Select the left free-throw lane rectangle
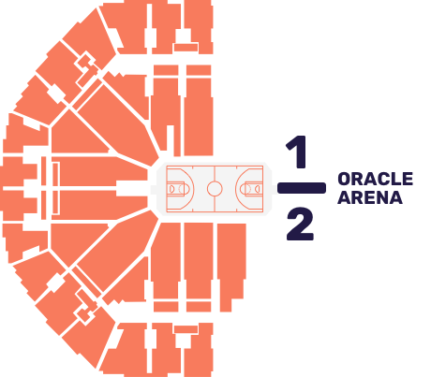coord(176,189)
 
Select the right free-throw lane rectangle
coord(254,189)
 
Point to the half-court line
coord(215,189)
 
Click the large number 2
coord(300,225)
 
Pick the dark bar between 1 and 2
coord(302,188)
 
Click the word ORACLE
coord(376,179)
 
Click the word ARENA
coord(370,197)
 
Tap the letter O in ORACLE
coord(345,179)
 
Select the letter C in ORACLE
coord(384,179)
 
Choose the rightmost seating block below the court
coord(231,267)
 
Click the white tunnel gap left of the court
coord(132,188)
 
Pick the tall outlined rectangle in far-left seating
coord(56,188)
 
